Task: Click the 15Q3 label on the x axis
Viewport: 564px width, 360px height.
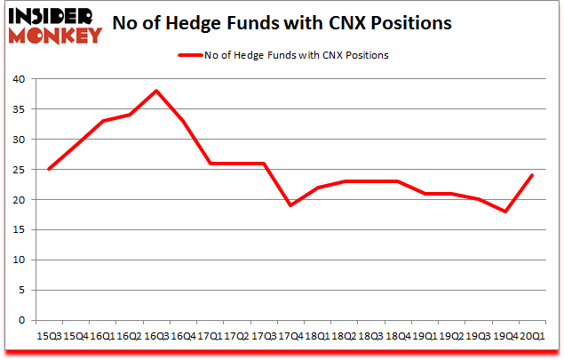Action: (49, 338)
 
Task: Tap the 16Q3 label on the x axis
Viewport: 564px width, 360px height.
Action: (156, 338)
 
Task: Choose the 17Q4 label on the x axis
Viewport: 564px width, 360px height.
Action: (289, 338)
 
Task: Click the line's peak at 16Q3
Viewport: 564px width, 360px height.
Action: (156, 91)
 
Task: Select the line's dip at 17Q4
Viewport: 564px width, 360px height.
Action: (290, 205)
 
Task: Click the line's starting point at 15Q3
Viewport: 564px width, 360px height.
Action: (49, 169)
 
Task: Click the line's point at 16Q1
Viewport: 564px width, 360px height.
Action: (102, 121)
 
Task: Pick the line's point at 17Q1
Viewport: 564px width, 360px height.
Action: (210, 163)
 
